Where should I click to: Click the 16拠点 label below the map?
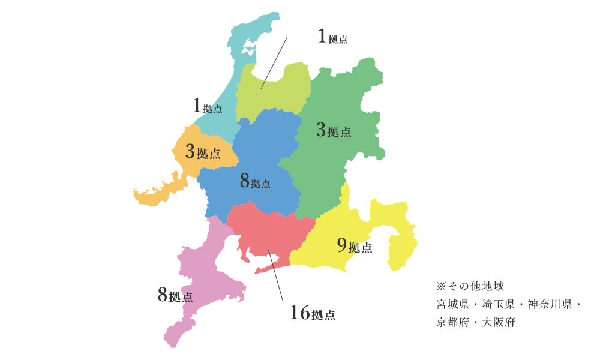[312, 313]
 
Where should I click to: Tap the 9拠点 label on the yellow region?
[354, 246]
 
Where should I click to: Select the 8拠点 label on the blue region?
[255, 181]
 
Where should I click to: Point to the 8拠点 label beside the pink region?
[175, 295]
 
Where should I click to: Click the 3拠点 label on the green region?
[334, 130]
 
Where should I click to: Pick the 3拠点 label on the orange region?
[203, 152]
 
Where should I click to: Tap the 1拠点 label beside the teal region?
[208, 107]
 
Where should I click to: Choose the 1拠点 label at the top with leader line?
[332, 38]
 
